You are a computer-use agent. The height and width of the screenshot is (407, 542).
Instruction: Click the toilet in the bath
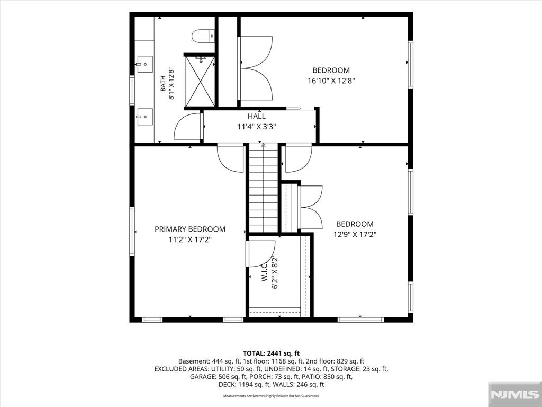point(203,36)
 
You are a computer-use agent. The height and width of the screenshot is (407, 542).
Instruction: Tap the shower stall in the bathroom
point(200,81)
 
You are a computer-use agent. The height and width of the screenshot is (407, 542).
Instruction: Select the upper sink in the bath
point(145,64)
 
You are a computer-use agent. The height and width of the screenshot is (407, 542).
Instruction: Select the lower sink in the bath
point(145,117)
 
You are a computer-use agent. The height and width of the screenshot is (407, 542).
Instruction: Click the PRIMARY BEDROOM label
point(190,229)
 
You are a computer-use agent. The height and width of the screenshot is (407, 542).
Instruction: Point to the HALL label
point(257,116)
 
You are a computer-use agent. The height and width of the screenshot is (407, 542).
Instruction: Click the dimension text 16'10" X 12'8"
point(331,81)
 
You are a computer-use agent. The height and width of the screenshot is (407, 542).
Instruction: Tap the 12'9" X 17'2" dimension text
point(355,235)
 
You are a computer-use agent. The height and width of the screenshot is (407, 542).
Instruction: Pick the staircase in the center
point(264,188)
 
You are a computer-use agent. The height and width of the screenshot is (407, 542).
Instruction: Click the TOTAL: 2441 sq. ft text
point(271,353)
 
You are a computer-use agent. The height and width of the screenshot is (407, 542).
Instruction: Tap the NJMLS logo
point(514,394)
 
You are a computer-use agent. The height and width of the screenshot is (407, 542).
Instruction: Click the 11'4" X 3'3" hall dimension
point(257,127)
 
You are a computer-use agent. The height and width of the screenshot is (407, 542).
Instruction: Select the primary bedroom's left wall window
point(132,231)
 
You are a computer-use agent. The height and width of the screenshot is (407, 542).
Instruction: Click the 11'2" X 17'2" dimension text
point(190,240)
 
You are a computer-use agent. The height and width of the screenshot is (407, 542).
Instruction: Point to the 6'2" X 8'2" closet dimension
point(275,272)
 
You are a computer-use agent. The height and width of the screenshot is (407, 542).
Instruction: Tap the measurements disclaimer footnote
point(271,395)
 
